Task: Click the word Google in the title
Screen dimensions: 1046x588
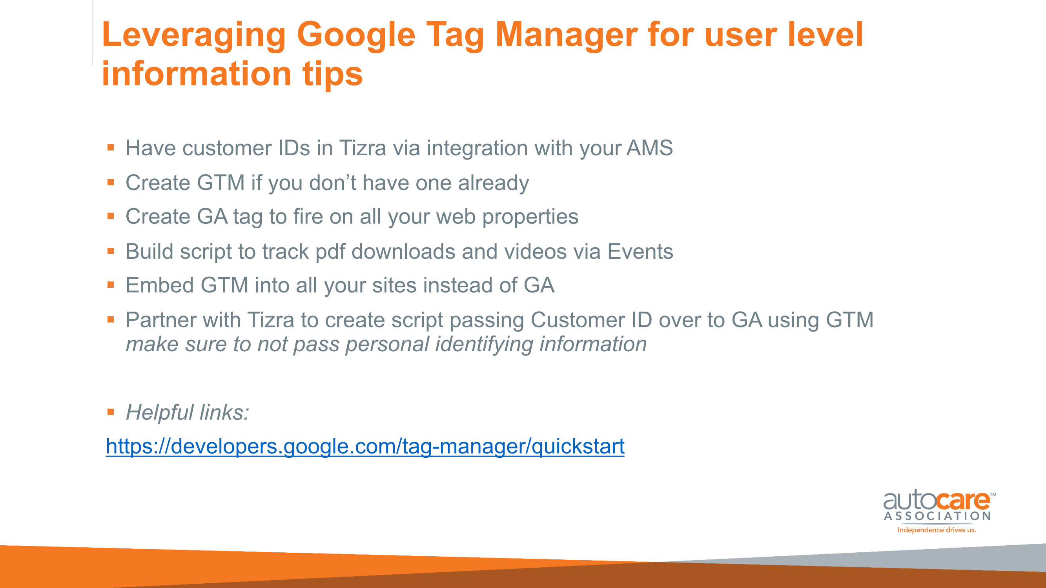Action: tap(356, 36)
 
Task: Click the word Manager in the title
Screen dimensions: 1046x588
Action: tap(567, 36)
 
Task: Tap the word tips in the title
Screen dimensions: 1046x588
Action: tap(333, 74)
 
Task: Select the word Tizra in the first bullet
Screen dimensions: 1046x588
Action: tap(363, 148)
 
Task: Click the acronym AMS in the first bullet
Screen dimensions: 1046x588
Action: tap(650, 148)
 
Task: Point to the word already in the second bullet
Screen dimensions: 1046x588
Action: tap(494, 183)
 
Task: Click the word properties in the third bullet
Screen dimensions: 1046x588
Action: tap(530, 217)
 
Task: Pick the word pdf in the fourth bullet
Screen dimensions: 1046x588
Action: tap(330, 252)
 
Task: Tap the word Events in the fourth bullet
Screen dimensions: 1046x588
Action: tap(640, 252)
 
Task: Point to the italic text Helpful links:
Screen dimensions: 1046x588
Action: tap(188, 413)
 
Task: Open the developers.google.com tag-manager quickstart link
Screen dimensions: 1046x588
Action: tap(365, 447)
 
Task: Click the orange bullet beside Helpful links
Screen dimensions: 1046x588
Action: tap(111, 412)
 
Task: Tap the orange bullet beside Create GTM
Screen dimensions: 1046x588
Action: tap(111, 182)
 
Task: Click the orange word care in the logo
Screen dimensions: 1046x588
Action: tap(964, 501)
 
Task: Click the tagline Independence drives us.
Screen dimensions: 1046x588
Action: tap(937, 530)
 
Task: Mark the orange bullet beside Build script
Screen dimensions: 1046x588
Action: tap(111, 251)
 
